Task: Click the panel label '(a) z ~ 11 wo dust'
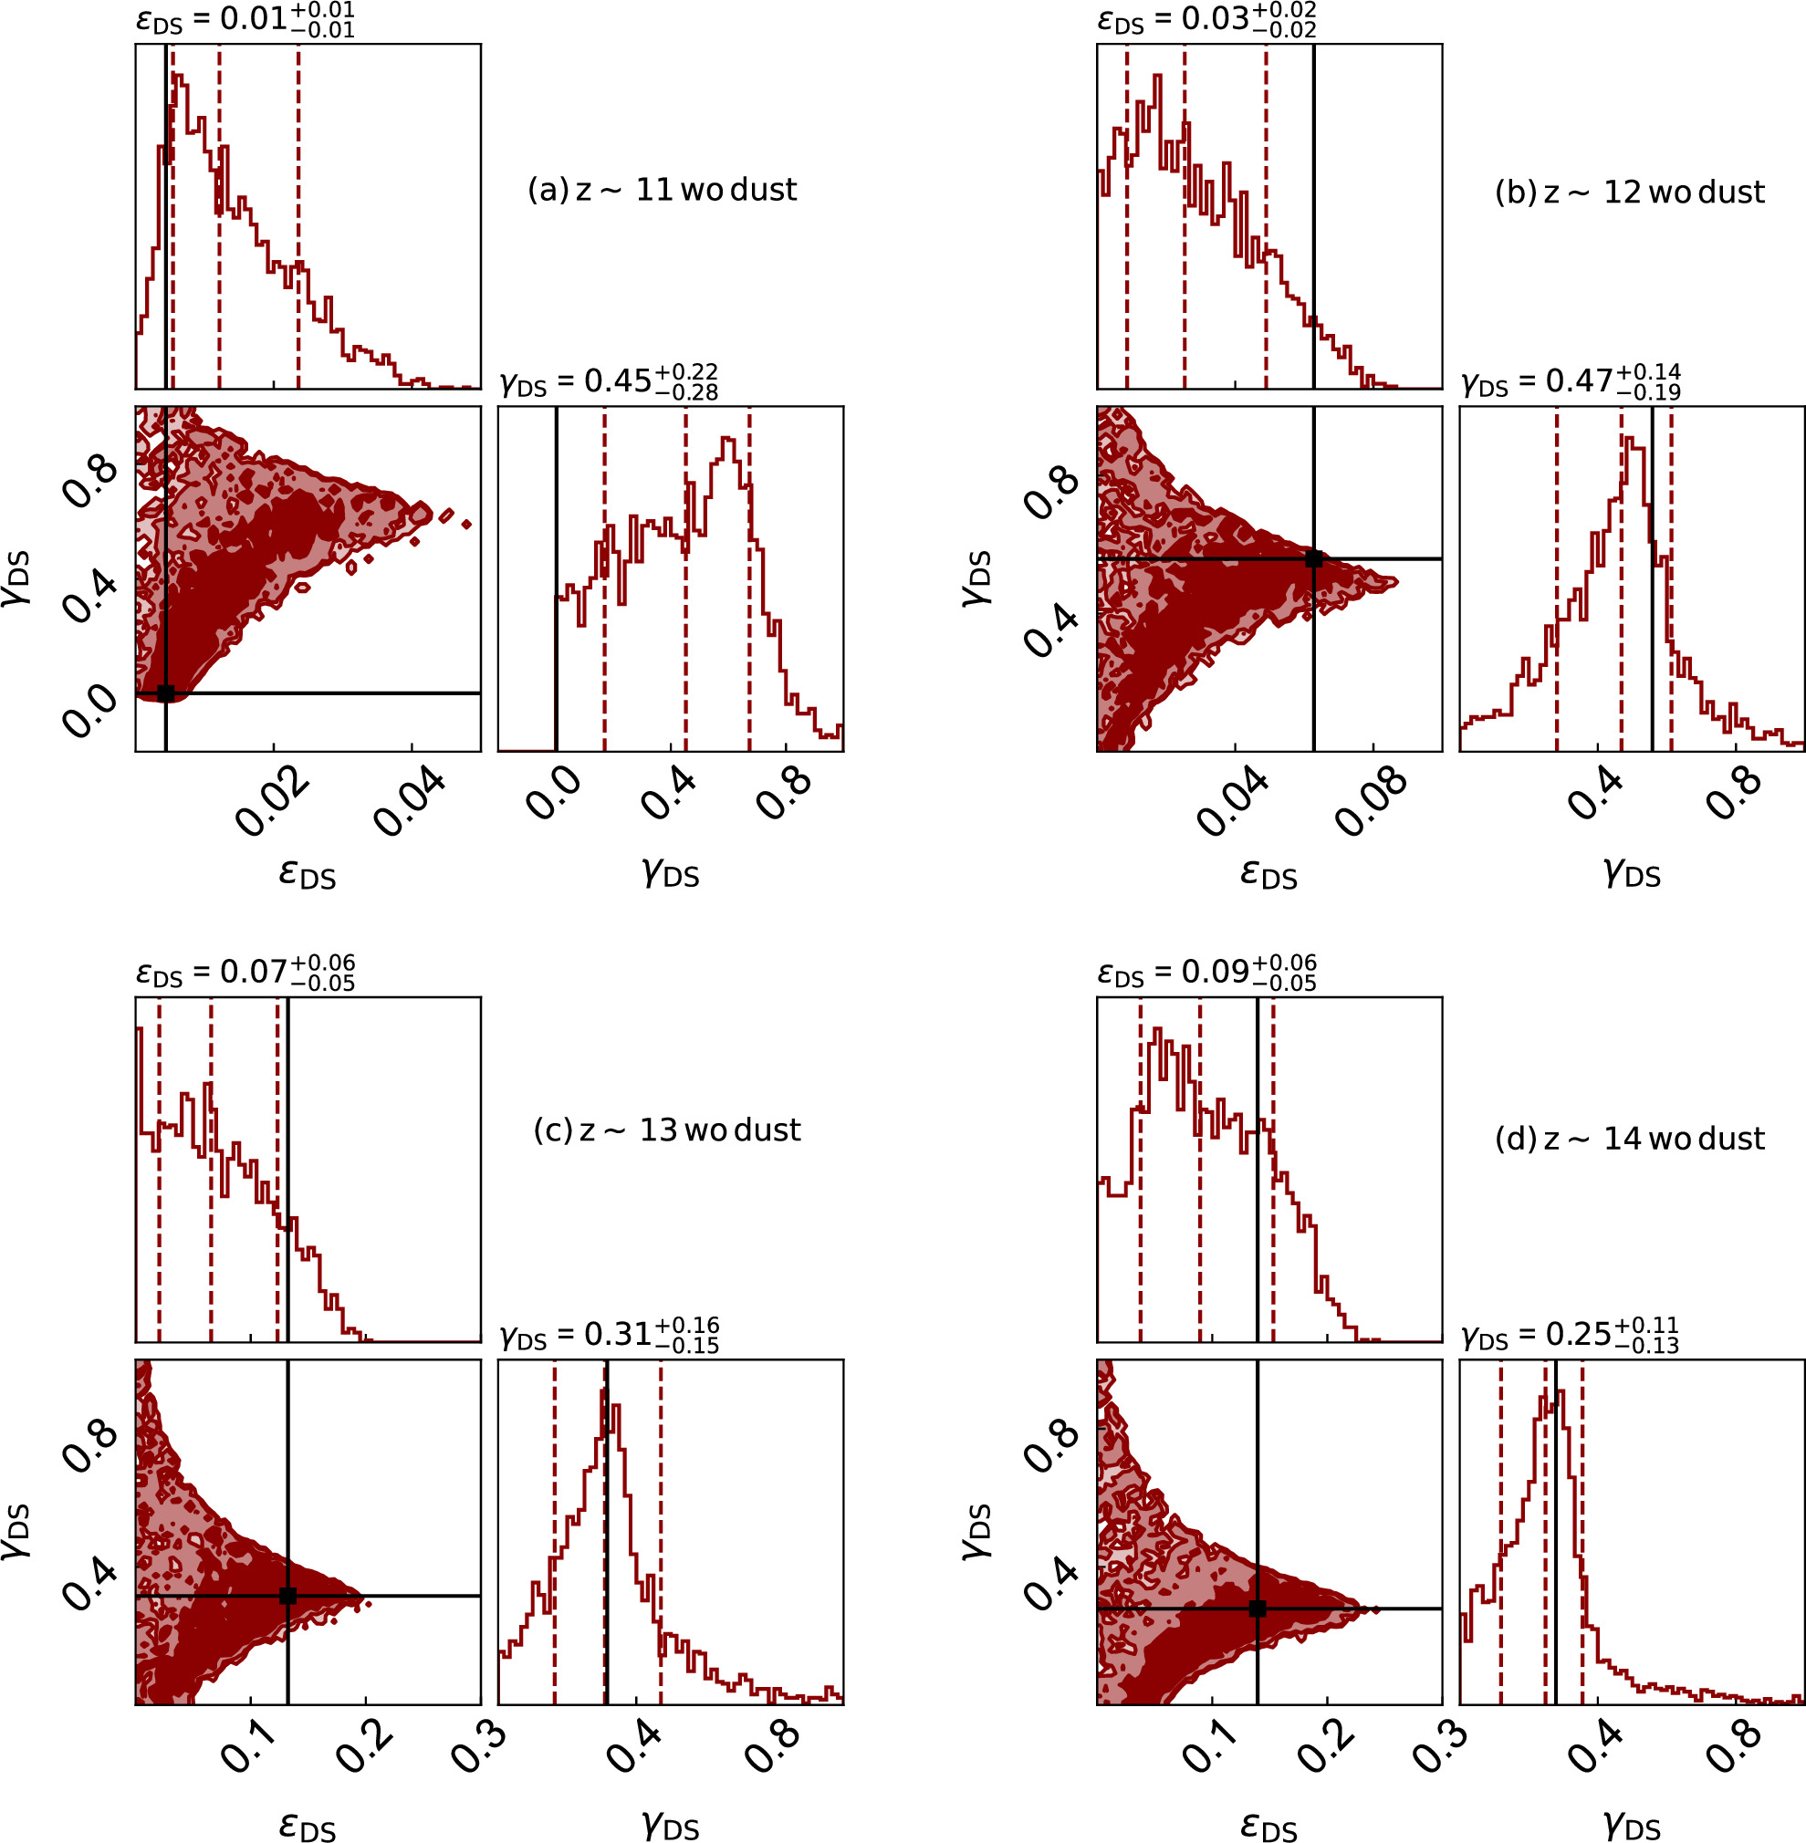coord(662,190)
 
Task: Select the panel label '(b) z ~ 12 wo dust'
coord(1629,193)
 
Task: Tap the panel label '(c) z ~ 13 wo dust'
coord(667,1130)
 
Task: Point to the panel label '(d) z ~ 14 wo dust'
coord(1629,1139)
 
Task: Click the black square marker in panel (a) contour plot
coord(166,693)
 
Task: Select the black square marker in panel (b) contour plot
coord(1314,558)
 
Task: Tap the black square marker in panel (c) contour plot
coord(288,1597)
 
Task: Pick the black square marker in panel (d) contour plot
coord(1258,1609)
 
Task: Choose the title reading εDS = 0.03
coord(1206,20)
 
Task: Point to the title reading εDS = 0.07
coord(245,973)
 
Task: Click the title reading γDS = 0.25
coord(1570,1336)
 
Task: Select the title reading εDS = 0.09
coord(1206,973)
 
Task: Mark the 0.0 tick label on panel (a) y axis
coord(91,710)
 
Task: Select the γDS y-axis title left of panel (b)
coord(976,578)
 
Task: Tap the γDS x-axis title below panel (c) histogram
coord(671,1823)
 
